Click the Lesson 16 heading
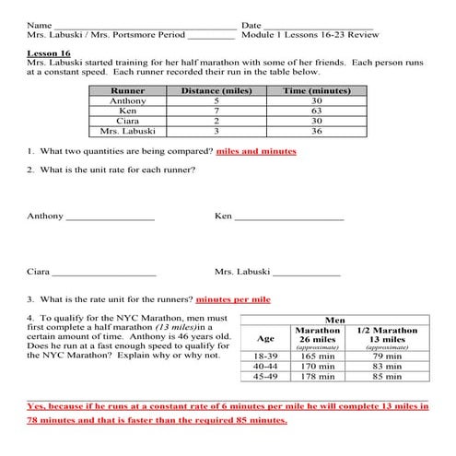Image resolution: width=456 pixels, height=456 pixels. click(x=46, y=53)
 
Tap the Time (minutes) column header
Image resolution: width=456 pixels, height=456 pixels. click(x=316, y=92)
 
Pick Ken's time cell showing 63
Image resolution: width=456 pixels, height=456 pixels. click(x=316, y=111)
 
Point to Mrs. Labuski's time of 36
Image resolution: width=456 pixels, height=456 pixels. click(x=316, y=132)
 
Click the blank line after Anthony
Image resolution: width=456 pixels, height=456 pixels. click(x=110, y=218)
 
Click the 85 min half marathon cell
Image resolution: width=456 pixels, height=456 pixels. click(x=387, y=376)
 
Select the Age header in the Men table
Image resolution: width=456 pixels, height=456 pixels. click(x=264, y=337)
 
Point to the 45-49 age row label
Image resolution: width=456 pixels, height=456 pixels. click(x=264, y=376)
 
